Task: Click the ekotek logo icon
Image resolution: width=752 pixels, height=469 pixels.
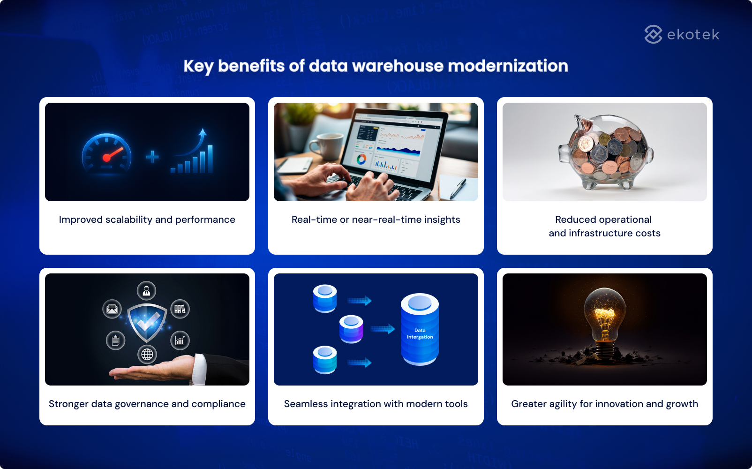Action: (x=653, y=34)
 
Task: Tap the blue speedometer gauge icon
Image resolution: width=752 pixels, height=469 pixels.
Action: (x=107, y=153)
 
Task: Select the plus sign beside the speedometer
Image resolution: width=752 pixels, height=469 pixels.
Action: (x=152, y=157)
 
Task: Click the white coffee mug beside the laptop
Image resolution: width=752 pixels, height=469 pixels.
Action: (x=328, y=145)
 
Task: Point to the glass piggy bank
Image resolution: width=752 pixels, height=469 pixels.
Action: (x=605, y=152)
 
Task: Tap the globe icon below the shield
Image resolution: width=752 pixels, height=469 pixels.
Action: (x=147, y=355)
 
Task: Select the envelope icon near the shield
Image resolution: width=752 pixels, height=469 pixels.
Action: (x=112, y=309)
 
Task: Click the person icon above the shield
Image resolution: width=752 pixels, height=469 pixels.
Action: (x=147, y=290)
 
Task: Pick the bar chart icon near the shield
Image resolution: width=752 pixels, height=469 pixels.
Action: (x=180, y=340)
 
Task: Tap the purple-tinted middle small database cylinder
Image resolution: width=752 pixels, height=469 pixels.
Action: (x=351, y=329)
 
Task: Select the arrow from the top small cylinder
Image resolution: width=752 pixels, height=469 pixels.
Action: (x=359, y=301)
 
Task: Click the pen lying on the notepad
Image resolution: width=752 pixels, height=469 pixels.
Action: (x=458, y=188)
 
